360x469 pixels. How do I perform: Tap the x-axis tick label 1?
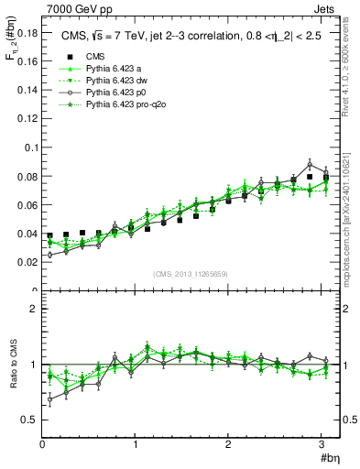(136, 444)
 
